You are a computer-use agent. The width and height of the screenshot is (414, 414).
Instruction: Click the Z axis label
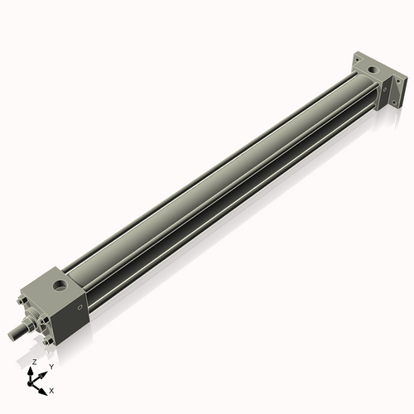(34, 362)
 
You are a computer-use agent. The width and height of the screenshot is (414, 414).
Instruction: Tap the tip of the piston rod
(11, 335)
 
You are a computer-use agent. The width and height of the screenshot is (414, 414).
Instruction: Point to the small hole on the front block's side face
(79, 307)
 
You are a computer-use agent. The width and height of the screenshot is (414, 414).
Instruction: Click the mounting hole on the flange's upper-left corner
(357, 60)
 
